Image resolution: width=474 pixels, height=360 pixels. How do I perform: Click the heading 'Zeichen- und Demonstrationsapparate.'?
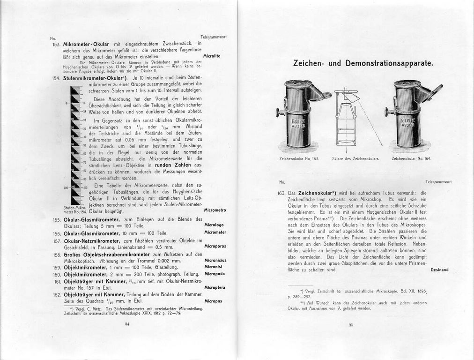click(x=363, y=63)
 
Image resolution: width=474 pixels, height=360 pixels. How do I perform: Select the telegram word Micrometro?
click(x=215, y=210)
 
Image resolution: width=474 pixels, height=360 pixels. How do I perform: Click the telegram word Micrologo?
click(x=215, y=225)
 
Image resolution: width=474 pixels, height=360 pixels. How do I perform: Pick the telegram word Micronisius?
click(x=215, y=260)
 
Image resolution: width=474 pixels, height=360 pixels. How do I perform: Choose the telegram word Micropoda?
click(x=215, y=273)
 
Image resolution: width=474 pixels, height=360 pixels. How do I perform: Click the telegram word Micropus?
click(x=213, y=301)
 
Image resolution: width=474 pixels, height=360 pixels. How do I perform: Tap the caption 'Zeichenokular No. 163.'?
click(x=299, y=159)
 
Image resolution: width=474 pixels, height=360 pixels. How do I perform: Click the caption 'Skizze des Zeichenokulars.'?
click(x=355, y=159)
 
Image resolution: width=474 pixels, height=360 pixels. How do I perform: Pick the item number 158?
click(x=57, y=255)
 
